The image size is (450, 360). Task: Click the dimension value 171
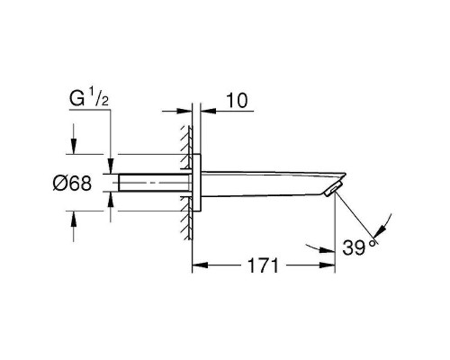263,265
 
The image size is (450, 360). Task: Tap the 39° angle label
359,247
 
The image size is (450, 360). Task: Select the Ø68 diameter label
72,183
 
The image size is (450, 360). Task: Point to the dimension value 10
237,100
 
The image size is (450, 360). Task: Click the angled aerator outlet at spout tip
331,189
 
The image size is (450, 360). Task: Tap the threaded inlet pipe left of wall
155,183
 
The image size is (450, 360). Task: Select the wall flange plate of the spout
196,183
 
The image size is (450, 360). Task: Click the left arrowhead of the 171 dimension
200,265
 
